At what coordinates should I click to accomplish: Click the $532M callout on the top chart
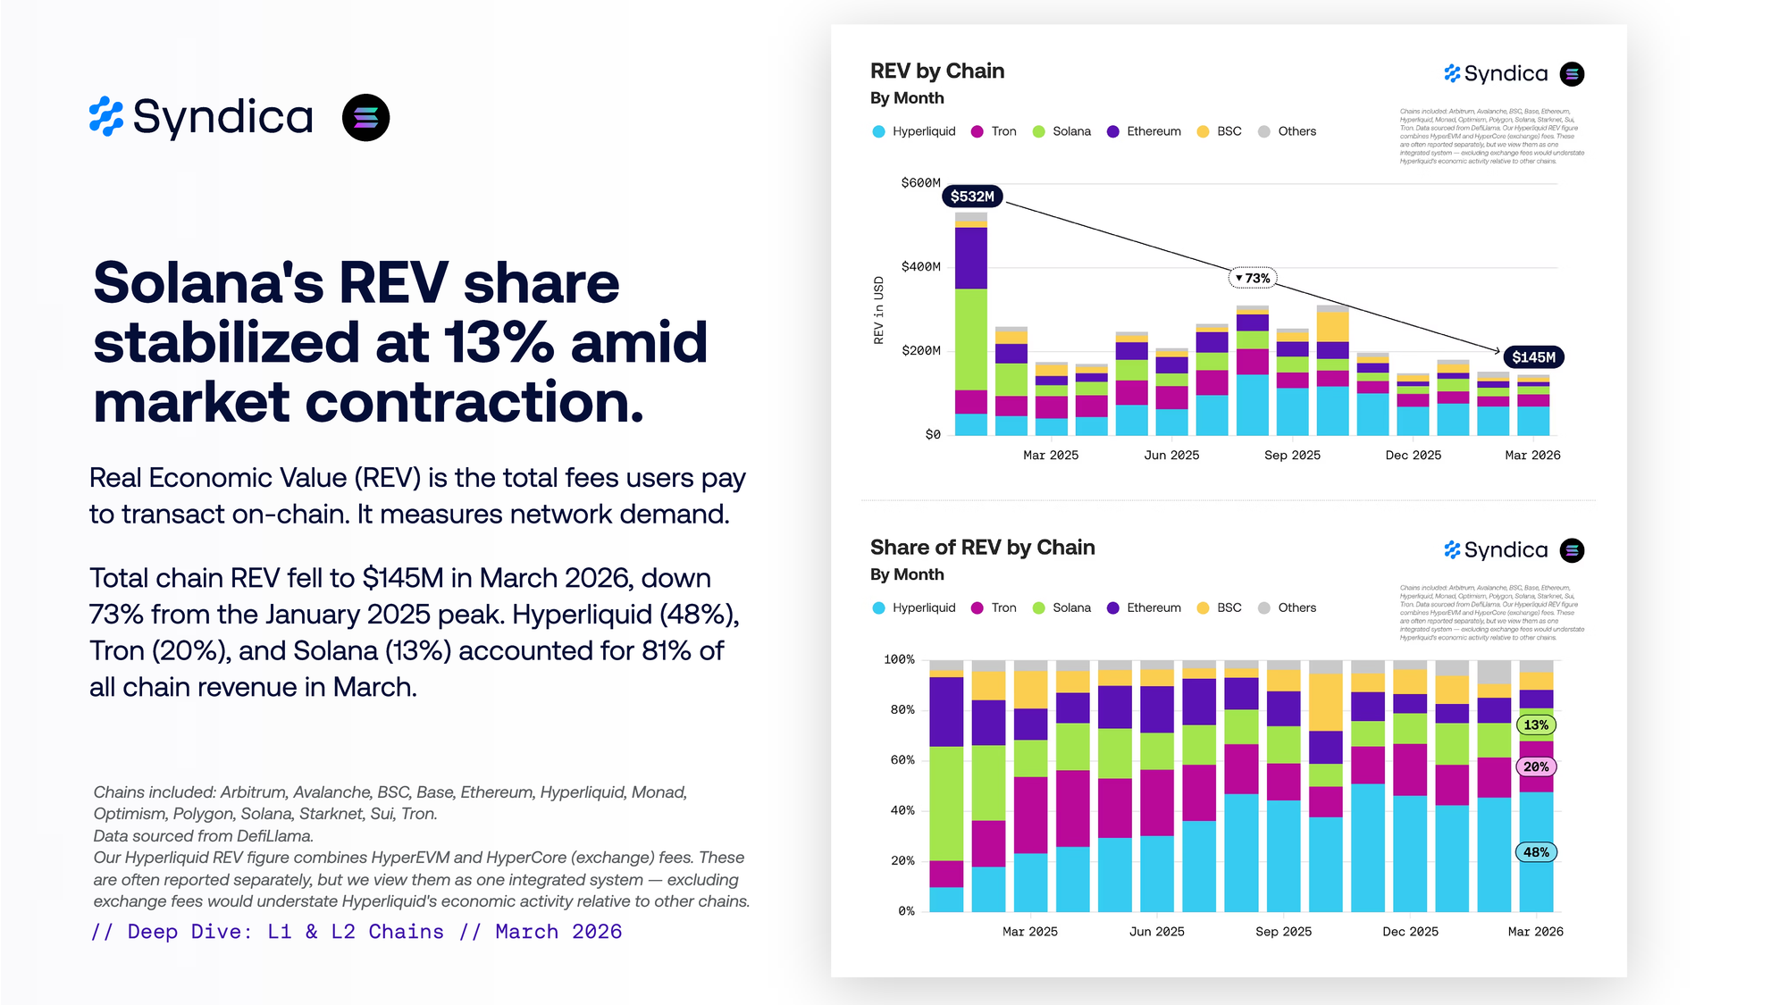972,197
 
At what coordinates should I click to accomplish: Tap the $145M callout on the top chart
1533,357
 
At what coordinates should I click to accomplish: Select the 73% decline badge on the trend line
1253,279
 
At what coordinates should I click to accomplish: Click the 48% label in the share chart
1536,852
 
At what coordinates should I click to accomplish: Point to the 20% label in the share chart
1536,766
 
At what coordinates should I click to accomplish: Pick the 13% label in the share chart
1536,725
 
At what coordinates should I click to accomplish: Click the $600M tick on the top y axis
920,183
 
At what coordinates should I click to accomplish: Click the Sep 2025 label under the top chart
1292,456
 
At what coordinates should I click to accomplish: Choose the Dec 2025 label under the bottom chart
1410,932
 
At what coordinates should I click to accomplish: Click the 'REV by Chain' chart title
937,71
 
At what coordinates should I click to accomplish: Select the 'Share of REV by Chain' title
982,548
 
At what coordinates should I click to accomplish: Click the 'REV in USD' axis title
878,310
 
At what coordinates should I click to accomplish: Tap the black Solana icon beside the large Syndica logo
365,118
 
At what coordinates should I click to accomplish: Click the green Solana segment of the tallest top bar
970,339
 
